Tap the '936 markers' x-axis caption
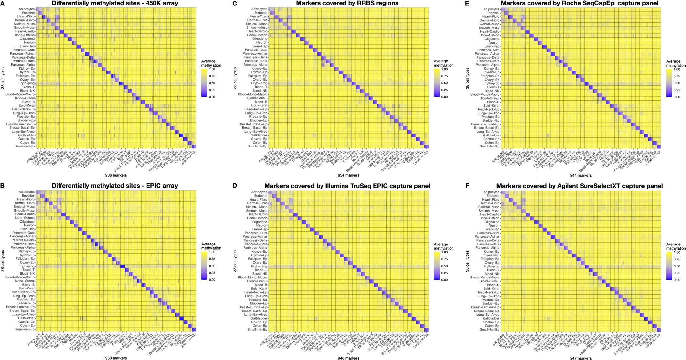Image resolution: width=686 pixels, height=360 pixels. click(116, 175)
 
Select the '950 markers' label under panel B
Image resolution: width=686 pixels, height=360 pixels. click(116, 358)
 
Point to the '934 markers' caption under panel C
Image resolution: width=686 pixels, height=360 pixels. click(348, 175)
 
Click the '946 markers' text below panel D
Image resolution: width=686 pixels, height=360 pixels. click(348, 358)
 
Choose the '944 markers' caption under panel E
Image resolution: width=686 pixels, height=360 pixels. click(580, 175)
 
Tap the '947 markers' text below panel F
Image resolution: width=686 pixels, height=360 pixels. click(580, 358)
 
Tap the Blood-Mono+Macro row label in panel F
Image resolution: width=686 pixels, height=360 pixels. click(485, 278)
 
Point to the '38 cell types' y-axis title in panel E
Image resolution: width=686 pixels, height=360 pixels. click(467, 78)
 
